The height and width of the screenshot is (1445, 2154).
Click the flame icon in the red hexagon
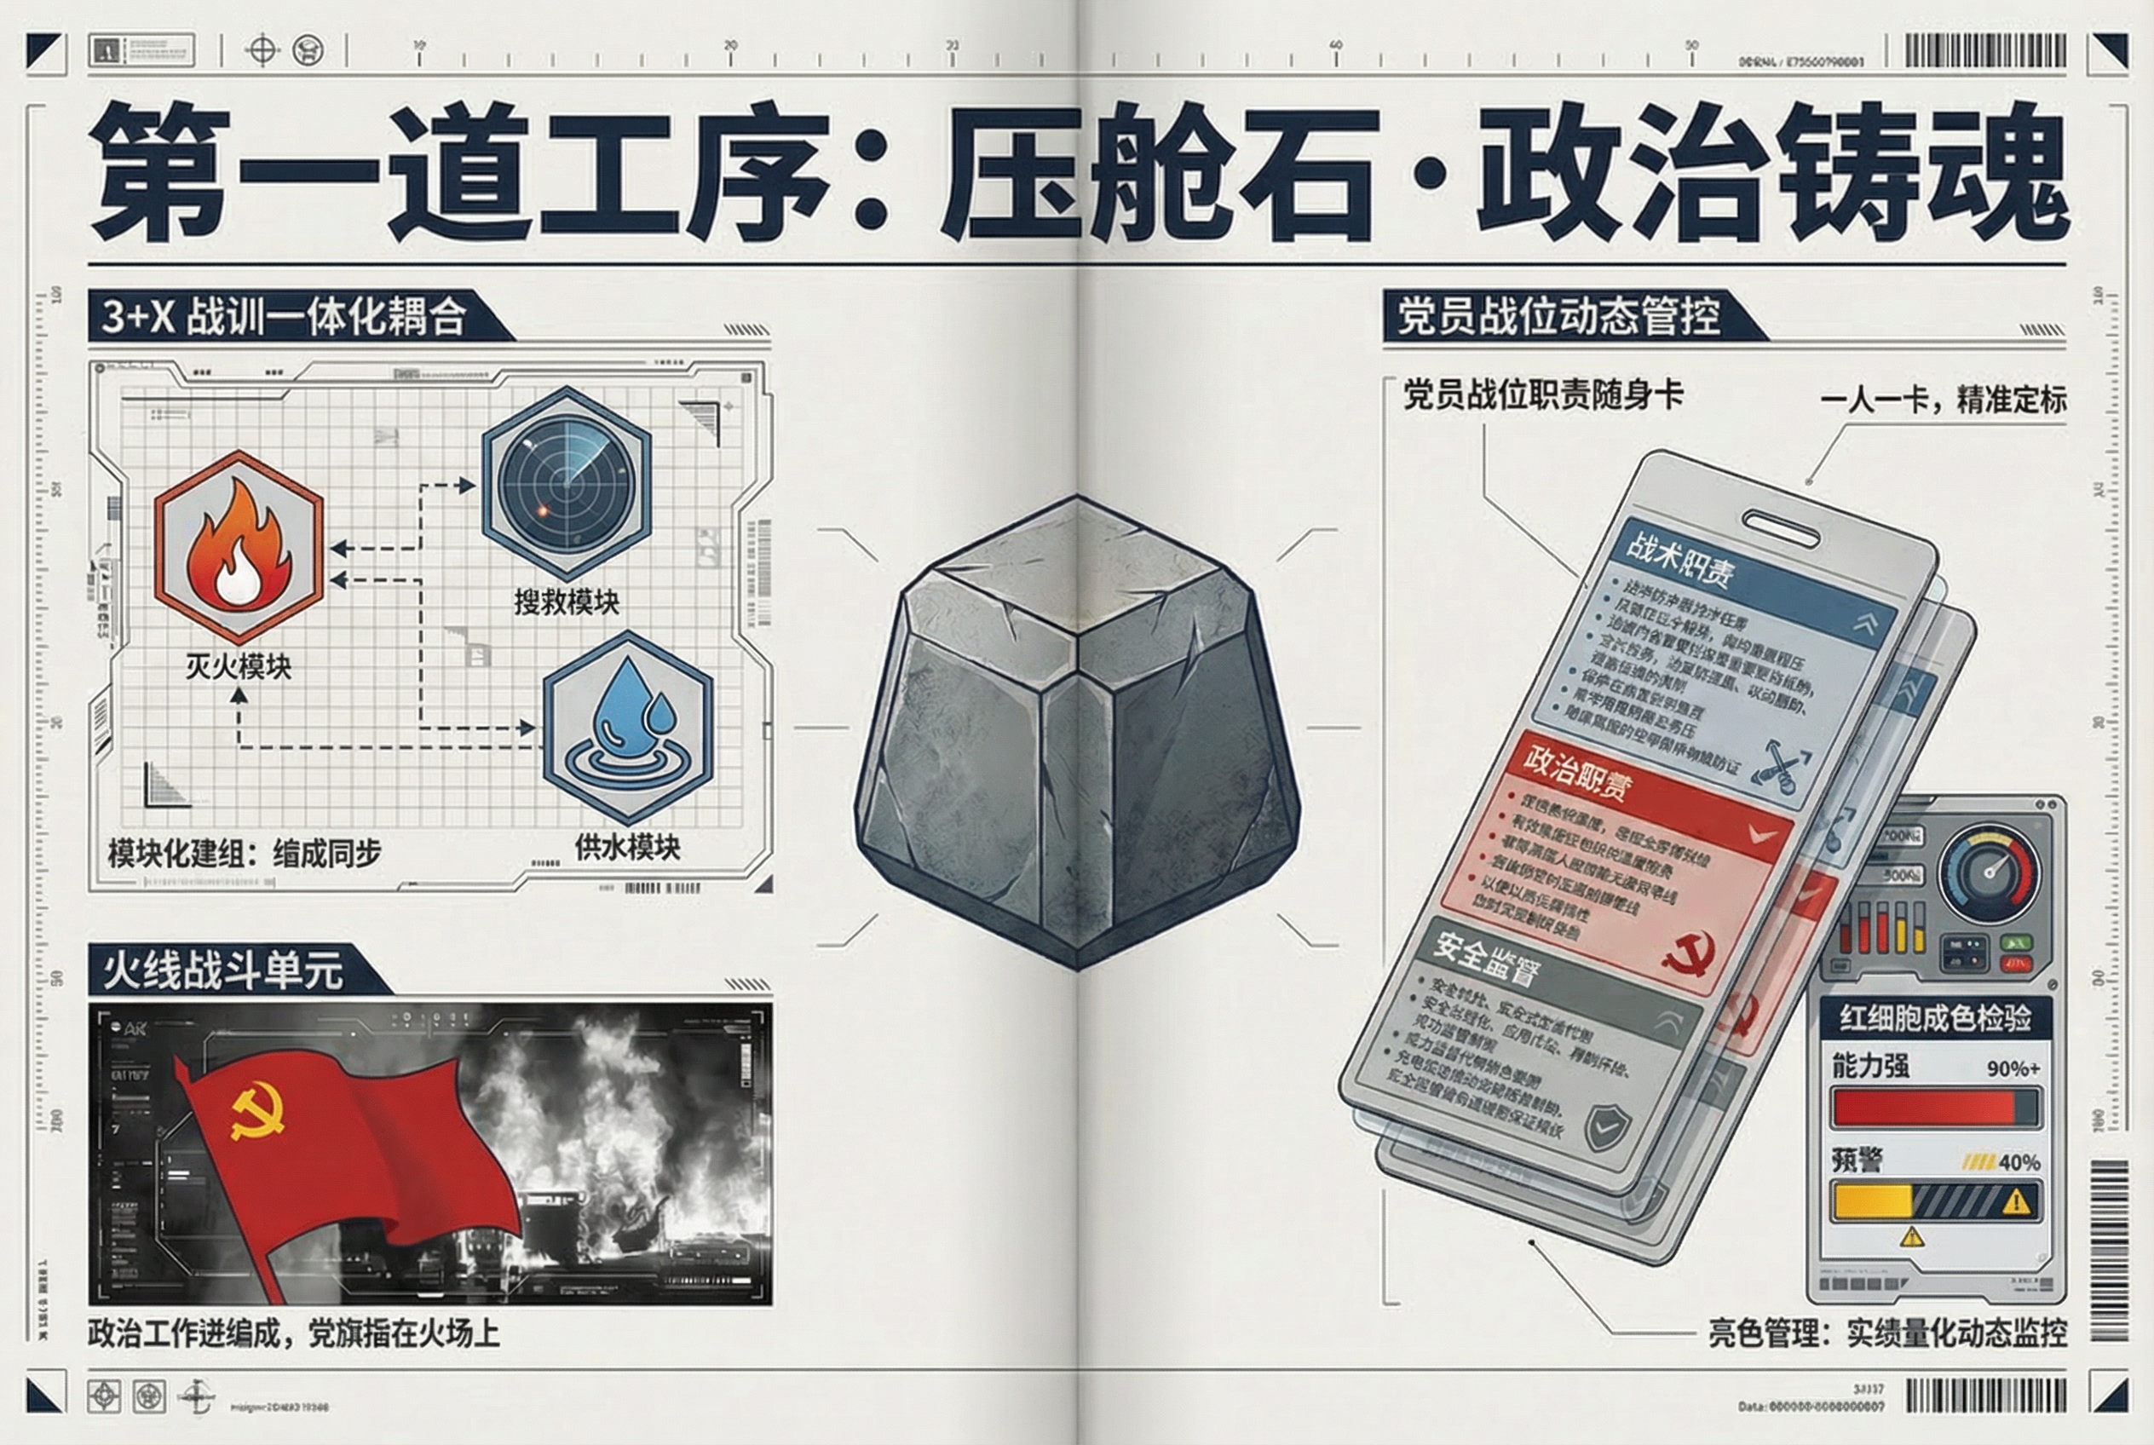coord(239,547)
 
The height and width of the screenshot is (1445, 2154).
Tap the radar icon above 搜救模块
coord(566,482)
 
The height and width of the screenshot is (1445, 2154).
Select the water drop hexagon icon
coord(628,727)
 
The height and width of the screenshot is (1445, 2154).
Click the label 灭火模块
coord(238,665)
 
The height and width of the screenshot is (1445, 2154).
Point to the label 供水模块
coord(628,846)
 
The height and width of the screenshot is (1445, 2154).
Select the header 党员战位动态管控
coord(1558,316)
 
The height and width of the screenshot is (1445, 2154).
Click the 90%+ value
coord(2013,1068)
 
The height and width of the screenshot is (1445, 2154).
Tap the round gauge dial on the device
coord(1989,872)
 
